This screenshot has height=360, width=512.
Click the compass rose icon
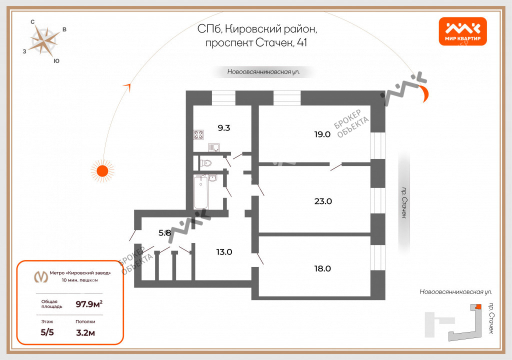pyautogui.click(x=43, y=40)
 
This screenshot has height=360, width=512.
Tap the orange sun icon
pyautogui.click(x=102, y=170)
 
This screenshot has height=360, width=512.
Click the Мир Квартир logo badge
pyautogui.click(x=462, y=31)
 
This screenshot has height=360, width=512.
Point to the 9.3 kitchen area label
pyautogui.click(x=224, y=127)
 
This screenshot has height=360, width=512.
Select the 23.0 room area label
pyautogui.click(x=323, y=201)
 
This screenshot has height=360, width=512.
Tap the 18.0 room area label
pyautogui.click(x=322, y=268)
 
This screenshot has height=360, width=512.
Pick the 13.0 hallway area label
pyautogui.click(x=223, y=252)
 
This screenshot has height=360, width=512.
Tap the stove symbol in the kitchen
pyautogui.click(x=199, y=134)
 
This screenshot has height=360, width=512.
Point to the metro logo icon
pyautogui.click(x=40, y=276)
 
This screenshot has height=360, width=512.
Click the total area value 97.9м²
pyautogui.click(x=89, y=303)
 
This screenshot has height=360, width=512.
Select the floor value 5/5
pyautogui.click(x=47, y=332)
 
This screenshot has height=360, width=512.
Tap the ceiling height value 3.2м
pyautogui.click(x=85, y=332)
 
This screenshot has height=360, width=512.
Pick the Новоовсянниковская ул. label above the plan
pyautogui.click(x=263, y=72)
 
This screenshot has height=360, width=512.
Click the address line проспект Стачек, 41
pyautogui.click(x=256, y=43)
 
